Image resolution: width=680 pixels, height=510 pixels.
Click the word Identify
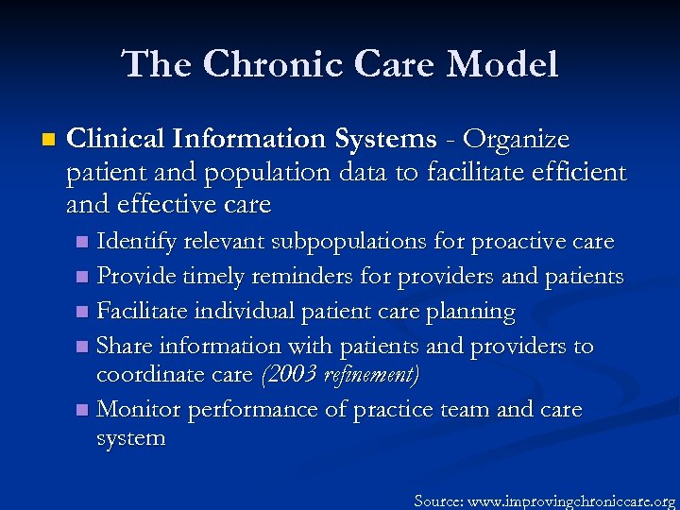coord(137,242)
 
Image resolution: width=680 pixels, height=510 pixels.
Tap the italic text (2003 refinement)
coord(339,375)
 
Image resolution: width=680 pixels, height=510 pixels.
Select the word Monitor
coord(139,409)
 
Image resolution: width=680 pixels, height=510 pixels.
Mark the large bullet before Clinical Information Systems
coord(48,141)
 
